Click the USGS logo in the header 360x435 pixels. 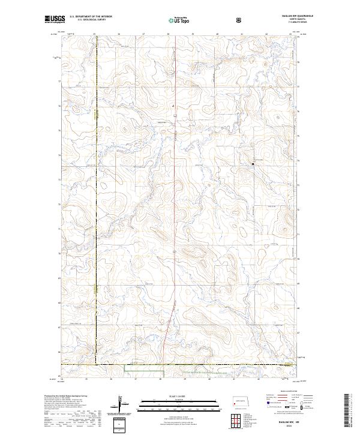point(54,19)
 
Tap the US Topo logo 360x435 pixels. point(177,20)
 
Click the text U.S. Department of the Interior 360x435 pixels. point(91,17)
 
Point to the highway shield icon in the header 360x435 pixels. point(240,20)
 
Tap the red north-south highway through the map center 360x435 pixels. point(175,210)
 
